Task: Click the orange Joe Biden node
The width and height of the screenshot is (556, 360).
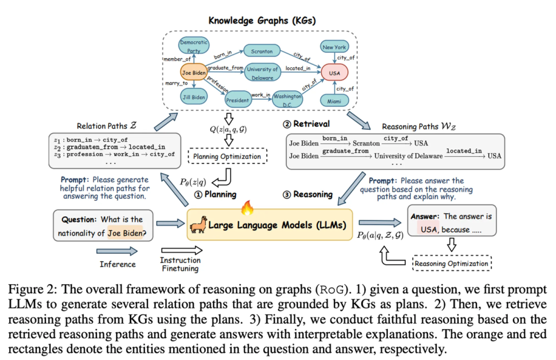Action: tap(194, 73)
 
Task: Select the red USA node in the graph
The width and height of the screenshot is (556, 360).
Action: tap(334, 73)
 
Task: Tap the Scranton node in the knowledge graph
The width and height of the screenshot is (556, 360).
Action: tap(262, 52)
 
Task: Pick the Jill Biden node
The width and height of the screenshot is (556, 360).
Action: tap(194, 97)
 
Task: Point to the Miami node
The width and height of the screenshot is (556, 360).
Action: tap(334, 101)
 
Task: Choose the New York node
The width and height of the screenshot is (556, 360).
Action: tap(334, 47)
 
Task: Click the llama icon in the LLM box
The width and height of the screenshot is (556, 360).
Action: tap(198, 225)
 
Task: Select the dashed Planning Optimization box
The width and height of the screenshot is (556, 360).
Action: tap(228, 156)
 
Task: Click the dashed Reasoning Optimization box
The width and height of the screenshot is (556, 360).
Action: tap(451, 264)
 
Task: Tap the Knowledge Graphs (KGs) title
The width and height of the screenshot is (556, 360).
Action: tap(262, 21)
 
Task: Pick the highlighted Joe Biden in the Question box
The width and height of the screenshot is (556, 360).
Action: tap(127, 233)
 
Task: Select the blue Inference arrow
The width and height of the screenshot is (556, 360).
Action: tap(117, 251)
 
